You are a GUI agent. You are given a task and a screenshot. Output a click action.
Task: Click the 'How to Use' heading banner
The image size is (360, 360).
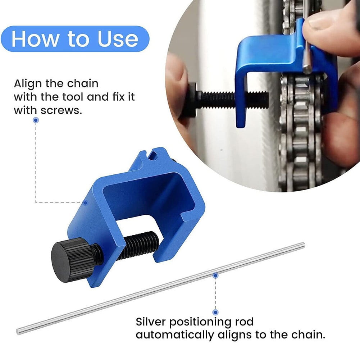pos(75,39)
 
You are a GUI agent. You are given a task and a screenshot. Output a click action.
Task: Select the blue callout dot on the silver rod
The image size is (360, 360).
pos(215,276)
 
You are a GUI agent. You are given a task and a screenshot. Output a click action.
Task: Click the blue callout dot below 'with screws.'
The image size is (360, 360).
pos(35,120)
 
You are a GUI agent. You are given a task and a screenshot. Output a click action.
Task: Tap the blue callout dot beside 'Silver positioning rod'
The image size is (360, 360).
pos(215,312)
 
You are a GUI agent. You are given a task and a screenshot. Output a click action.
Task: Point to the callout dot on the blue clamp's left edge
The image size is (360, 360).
pos(86,202)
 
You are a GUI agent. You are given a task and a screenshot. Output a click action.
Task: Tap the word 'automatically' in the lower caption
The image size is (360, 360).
pos(174,335)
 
